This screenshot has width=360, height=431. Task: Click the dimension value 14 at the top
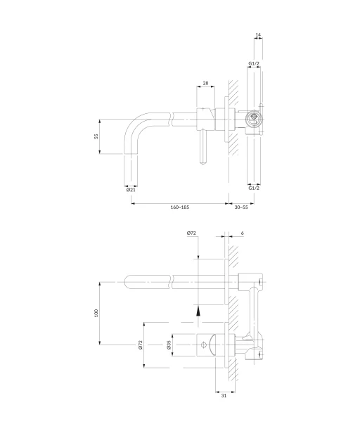coord(258,35)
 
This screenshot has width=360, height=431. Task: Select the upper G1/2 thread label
coord(254,63)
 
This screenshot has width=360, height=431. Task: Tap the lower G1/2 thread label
coord(254,188)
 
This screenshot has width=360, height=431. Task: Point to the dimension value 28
coord(205,83)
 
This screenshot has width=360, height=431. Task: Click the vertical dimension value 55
coord(96,136)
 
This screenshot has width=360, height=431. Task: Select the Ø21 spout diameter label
coord(131,190)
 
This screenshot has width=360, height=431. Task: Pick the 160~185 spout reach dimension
coord(180,207)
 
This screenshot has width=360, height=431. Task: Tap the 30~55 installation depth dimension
coord(241,207)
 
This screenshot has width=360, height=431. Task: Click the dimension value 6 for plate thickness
coord(242,233)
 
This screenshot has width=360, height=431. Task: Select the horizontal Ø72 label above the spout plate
coord(191,233)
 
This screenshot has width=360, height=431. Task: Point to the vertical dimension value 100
coord(96,313)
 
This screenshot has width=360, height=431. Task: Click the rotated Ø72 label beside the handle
coord(141,345)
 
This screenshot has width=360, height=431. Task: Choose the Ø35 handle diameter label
coord(169,345)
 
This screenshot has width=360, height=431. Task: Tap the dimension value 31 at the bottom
coord(224,396)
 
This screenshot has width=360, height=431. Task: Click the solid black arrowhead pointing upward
coord(198,312)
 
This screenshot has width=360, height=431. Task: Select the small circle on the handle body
coord(203,345)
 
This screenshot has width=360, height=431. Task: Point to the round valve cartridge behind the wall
coord(254,119)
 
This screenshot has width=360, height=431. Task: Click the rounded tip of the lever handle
coord(203,162)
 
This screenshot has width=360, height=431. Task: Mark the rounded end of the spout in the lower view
coord(127,282)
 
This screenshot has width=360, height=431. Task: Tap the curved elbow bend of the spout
coord(132,123)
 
